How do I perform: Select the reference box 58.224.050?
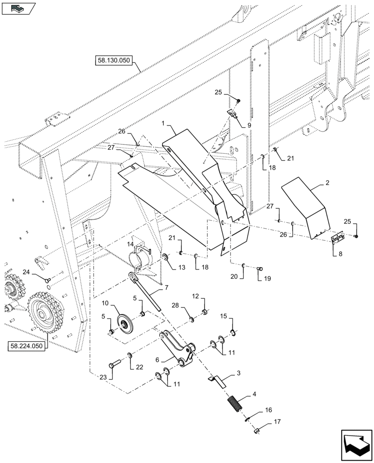pos(26,346)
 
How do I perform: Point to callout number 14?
pos(131,244)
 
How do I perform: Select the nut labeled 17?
pos(256,431)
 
